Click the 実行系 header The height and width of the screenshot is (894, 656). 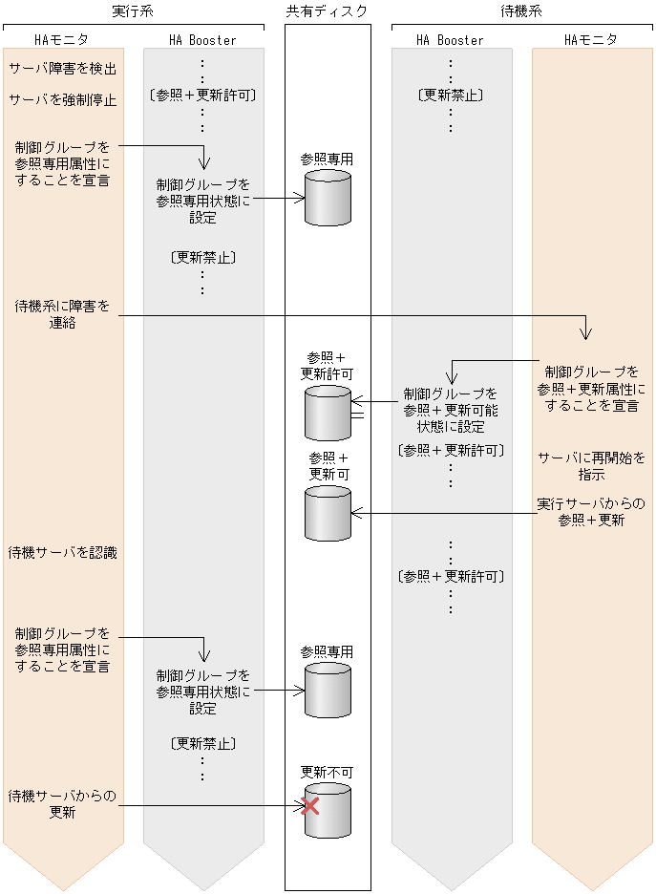133,11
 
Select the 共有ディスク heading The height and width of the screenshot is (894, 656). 327,11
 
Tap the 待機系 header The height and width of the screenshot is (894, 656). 521,11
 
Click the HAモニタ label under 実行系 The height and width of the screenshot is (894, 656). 61,40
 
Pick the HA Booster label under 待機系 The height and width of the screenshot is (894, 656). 451,40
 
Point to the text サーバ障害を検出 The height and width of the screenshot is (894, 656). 63,69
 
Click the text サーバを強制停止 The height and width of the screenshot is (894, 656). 63,99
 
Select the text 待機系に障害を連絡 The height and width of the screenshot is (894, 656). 63,314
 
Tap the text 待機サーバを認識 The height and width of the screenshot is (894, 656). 63,552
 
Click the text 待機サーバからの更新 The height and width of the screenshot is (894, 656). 63,803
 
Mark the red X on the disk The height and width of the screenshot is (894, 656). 309,806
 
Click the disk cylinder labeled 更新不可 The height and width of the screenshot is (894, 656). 328,811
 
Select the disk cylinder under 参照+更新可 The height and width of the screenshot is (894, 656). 328,513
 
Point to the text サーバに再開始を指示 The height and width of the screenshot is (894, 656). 591,465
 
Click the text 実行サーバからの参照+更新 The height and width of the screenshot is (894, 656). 591,512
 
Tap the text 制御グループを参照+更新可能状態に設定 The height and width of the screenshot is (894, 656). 451,410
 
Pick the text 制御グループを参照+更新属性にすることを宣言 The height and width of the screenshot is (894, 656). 591,388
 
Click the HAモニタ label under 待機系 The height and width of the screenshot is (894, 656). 591,40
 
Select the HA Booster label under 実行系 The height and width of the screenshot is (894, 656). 202,40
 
